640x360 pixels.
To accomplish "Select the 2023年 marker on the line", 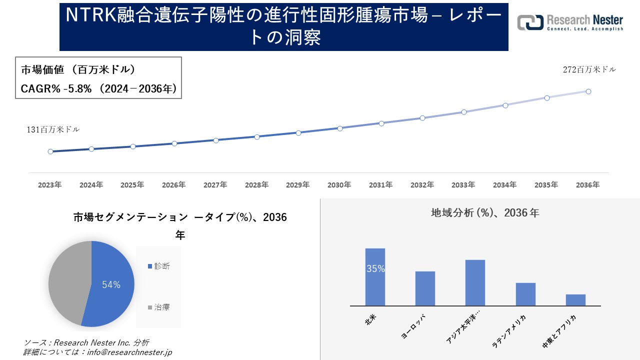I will click(x=50, y=151).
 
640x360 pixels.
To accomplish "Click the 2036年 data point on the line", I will click(x=588, y=91).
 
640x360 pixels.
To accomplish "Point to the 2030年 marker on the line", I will click(x=340, y=128).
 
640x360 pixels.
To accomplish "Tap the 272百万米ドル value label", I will click(x=589, y=70).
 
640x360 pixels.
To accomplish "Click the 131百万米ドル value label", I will click(x=53, y=129).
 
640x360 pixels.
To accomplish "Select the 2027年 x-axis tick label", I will click(x=215, y=185).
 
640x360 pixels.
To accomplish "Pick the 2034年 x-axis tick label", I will click(x=505, y=185).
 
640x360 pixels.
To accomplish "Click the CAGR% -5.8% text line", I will click(x=98, y=89).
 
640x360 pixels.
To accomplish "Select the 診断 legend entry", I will click(x=158, y=266).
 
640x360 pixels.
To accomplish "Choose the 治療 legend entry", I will click(x=158, y=307).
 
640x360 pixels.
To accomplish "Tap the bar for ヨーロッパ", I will click(x=425, y=288).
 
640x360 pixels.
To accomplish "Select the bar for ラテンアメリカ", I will click(x=525, y=294).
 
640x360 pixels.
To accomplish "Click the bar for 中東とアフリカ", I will click(x=575, y=300).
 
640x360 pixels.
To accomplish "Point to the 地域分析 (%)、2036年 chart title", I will click(x=485, y=213).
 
